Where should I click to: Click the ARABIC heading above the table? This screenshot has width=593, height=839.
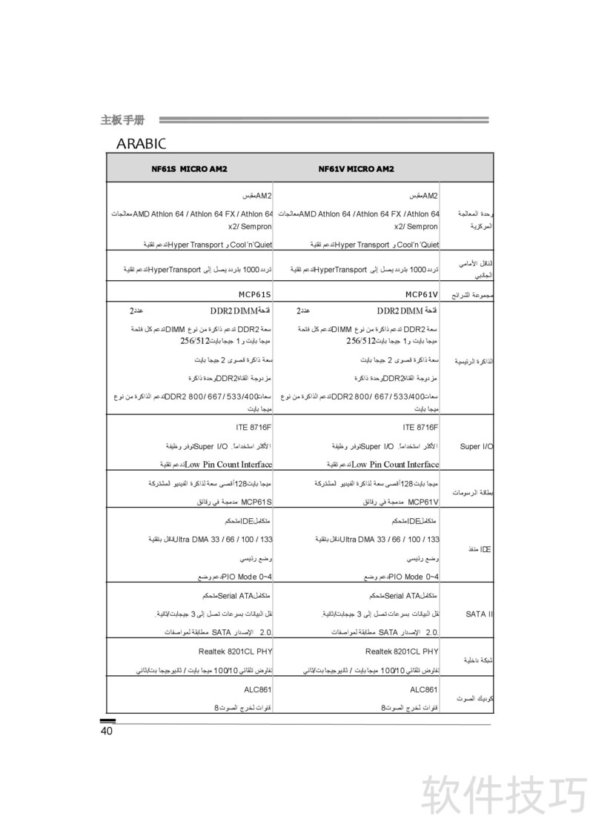[x=141, y=142]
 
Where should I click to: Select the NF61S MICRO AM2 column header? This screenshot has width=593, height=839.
[x=189, y=169]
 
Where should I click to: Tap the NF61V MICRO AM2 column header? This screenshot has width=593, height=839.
[x=356, y=169]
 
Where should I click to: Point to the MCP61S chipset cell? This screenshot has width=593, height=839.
[x=254, y=294]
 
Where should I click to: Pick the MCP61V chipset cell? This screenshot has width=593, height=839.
[x=422, y=294]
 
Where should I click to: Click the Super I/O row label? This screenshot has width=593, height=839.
[x=476, y=447]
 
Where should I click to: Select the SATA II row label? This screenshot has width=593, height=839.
[x=480, y=614]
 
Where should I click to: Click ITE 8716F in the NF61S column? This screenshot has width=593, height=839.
[x=254, y=428]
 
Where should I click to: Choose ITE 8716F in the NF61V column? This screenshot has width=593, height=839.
[x=421, y=428]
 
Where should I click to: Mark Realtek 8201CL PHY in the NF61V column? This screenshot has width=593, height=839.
[x=402, y=651]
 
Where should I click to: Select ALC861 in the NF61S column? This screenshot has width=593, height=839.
[x=258, y=689]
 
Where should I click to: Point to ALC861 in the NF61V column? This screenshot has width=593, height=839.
[x=425, y=689]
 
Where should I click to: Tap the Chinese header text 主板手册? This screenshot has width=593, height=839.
[x=122, y=119]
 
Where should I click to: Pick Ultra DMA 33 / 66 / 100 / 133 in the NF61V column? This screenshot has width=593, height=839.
[x=389, y=539]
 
